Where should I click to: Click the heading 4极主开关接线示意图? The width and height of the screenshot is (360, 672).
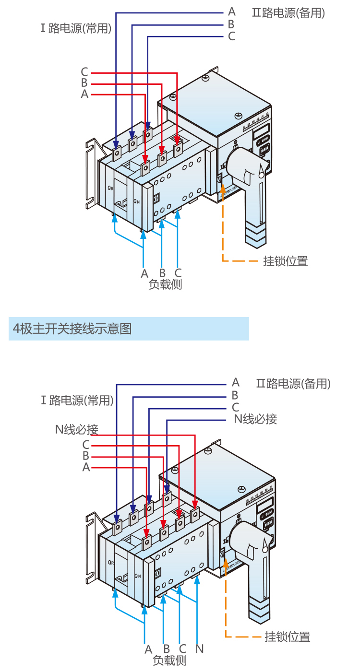(x=72, y=329)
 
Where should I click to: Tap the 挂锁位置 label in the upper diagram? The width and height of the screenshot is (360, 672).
(x=285, y=261)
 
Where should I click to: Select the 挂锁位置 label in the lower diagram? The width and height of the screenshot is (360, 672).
(x=288, y=637)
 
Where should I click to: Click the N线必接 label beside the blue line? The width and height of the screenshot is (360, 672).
(x=255, y=419)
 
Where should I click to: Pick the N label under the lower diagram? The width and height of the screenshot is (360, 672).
(x=200, y=649)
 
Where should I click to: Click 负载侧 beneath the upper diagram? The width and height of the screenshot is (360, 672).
(x=165, y=284)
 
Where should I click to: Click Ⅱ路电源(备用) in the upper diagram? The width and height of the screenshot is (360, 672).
(x=288, y=13)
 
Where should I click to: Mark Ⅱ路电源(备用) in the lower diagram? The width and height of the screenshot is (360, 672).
(x=293, y=384)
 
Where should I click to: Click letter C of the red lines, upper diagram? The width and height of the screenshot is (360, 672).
(x=84, y=72)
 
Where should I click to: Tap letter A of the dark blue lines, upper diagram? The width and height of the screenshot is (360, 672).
(x=232, y=12)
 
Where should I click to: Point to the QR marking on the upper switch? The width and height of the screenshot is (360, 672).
(x=111, y=188)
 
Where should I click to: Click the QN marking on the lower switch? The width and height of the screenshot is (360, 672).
(x=137, y=576)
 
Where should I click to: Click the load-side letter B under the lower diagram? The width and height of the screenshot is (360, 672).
(x=167, y=649)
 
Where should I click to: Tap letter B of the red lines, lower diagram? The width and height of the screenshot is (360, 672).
(x=86, y=456)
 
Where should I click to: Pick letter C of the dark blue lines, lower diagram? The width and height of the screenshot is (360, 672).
(x=235, y=408)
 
